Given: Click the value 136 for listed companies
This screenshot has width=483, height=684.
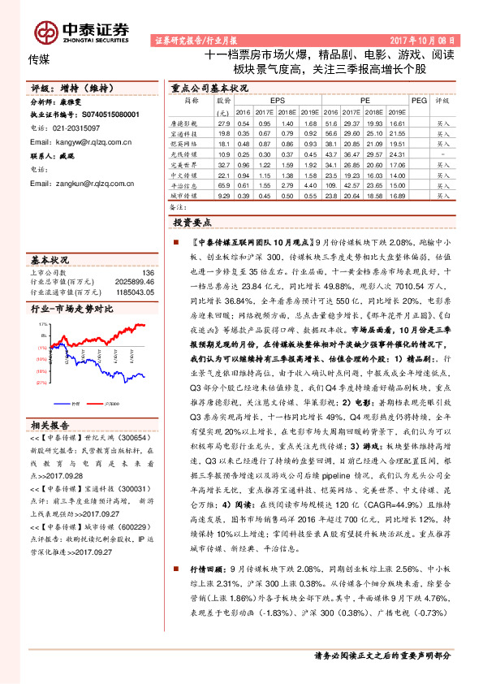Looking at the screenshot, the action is coord(148,273).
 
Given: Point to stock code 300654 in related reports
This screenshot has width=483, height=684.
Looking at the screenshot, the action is coord(130,436).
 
